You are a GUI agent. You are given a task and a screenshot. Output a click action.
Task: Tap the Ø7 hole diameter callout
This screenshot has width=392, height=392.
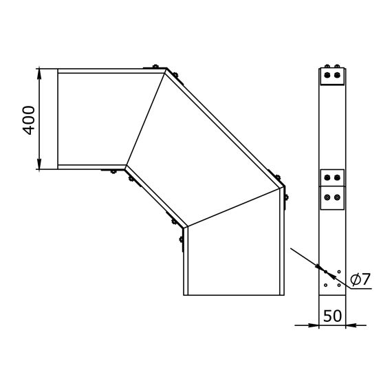(360, 279)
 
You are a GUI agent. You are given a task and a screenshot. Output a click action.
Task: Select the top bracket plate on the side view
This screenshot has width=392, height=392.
(333, 76)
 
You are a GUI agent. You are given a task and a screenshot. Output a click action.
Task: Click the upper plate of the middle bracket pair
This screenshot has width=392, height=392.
(333, 177)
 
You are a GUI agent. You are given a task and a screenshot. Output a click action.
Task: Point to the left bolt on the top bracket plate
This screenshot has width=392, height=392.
(327, 75)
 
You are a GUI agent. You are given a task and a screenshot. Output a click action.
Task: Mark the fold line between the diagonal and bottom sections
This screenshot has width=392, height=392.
(234, 204)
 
